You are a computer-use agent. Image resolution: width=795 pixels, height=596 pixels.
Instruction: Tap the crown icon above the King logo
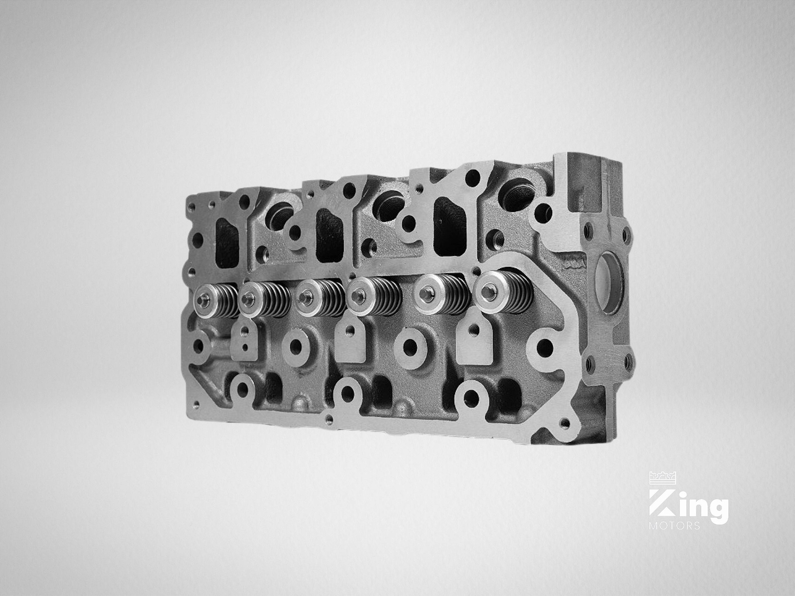pyautogui.click(x=663, y=477)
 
